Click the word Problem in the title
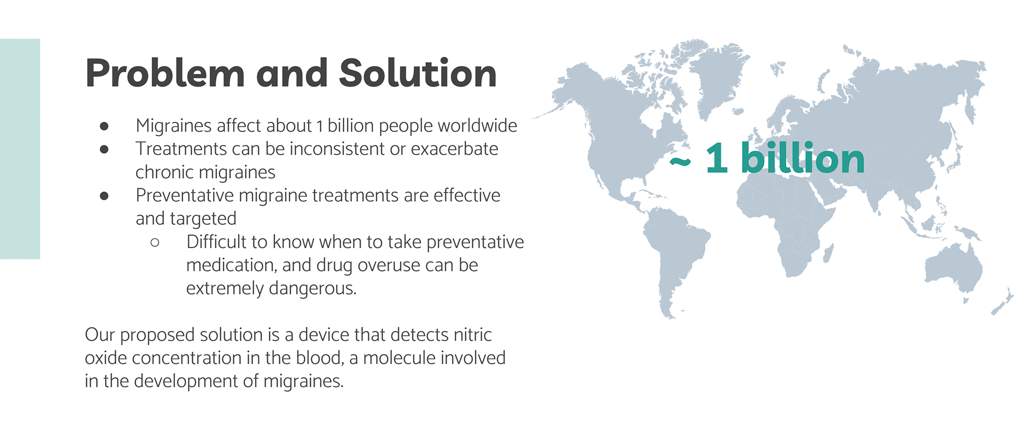point(165,74)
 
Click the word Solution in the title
point(418,73)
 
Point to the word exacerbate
point(455,149)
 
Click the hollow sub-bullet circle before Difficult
point(155,243)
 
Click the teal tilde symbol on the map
point(680,162)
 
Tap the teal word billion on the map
point(803,158)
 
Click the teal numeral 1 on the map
point(717,158)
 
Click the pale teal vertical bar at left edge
point(20,149)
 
